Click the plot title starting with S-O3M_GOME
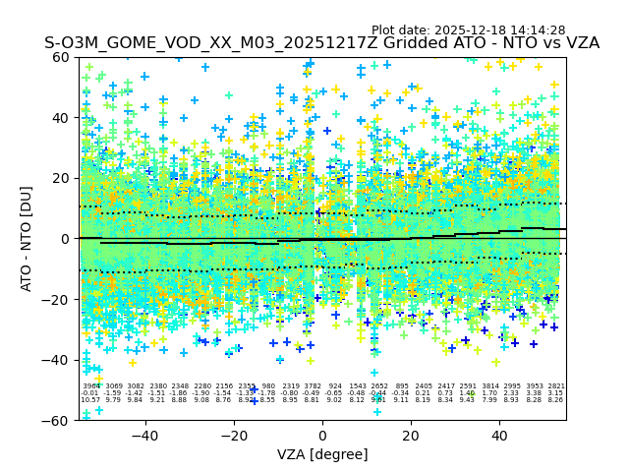[321, 44]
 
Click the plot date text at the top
[468, 30]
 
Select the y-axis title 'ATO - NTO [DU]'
[28, 239]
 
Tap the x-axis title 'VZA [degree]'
[322, 454]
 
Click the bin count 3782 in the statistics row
[313, 386]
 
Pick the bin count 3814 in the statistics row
[489, 386]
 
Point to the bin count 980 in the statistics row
[268, 386]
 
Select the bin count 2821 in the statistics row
[555, 386]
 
